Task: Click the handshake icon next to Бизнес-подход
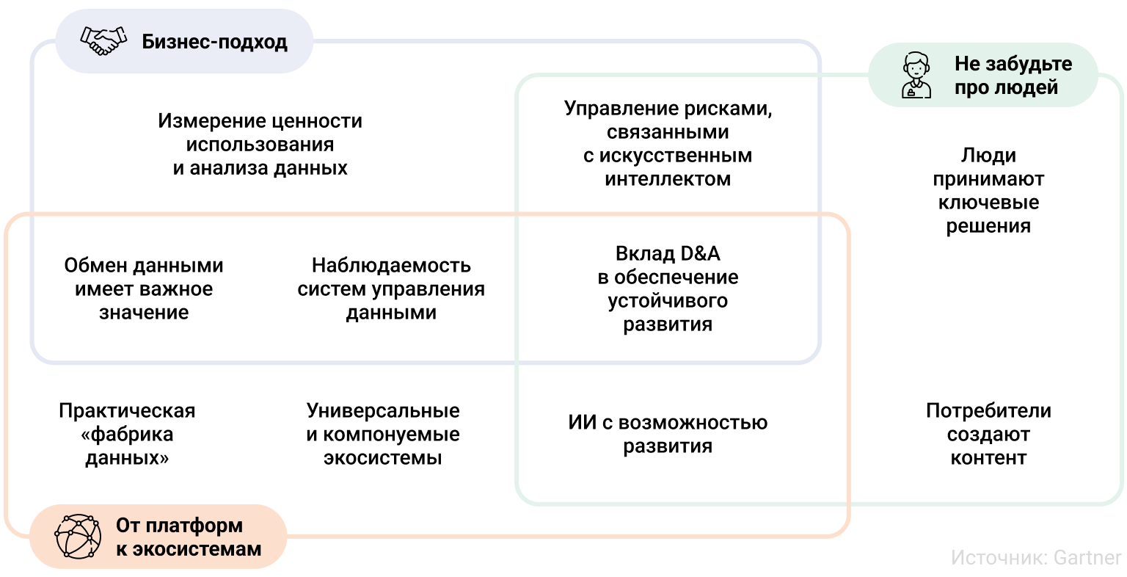tap(103, 41)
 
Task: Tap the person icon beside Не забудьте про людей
tap(916, 76)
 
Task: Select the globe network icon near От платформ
tap(78, 537)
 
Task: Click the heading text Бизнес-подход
tap(214, 42)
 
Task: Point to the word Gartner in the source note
tap(1087, 557)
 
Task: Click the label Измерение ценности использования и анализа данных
tap(260, 145)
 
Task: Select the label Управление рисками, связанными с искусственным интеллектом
tap(668, 144)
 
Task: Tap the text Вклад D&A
tap(668, 254)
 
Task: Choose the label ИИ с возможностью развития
tap(668, 435)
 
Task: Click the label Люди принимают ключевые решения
tap(988, 191)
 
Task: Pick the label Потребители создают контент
tap(988, 435)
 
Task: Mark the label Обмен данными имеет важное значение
tap(144, 289)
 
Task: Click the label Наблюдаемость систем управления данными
tap(391, 289)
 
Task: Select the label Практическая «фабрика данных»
tap(127, 435)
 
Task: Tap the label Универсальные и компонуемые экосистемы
tap(383, 435)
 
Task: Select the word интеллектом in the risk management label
tap(668, 179)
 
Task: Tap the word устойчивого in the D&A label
tap(668, 301)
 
